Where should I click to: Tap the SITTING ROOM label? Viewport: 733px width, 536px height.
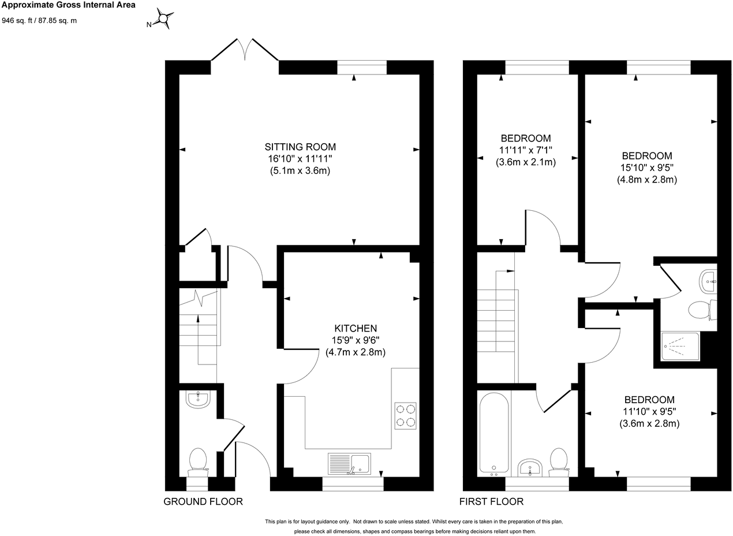300,147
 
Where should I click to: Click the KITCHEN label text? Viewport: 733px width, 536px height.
355,328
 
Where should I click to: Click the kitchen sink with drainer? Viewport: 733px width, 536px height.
349,463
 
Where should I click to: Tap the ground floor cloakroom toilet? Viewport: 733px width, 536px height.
198,461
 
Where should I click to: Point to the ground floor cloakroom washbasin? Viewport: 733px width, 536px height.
198,399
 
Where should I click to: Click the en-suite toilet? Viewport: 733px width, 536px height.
701,310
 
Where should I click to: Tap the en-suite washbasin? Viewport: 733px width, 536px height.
708,282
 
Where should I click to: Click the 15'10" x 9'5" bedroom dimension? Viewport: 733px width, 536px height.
646,167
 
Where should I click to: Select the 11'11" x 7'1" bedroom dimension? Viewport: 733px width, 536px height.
525,150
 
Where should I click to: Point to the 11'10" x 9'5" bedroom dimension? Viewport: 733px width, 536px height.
649,411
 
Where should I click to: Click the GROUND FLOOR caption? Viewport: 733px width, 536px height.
203,501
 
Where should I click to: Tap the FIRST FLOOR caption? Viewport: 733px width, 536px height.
491,501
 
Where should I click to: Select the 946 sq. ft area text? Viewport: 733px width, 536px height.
39,21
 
